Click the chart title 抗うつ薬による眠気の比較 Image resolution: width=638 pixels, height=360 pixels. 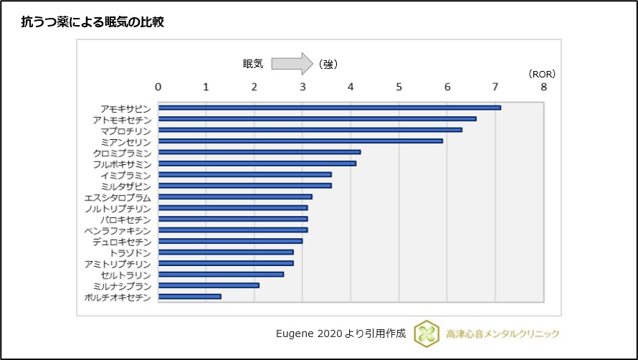[93, 22]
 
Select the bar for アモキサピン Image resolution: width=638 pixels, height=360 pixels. [329, 108]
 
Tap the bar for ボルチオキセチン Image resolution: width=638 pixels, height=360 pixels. [189, 296]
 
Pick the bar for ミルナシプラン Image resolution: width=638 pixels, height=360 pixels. [209, 285]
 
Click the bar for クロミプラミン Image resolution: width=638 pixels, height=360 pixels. [259, 152]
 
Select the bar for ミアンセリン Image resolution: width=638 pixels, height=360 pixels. [300, 141]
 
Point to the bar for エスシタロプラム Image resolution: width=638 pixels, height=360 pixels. [235, 196]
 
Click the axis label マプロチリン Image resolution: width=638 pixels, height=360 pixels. [125, 131]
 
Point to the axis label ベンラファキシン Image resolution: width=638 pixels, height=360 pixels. [118, 230]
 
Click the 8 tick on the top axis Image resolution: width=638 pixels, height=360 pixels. [543, 87]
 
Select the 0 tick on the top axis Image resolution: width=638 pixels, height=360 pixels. [158, 87]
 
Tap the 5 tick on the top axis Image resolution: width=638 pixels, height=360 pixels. [399, 87]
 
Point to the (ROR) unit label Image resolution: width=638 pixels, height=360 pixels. [541, 74]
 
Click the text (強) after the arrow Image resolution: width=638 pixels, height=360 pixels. [328, 64]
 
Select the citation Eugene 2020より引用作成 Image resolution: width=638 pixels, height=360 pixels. [341, 333]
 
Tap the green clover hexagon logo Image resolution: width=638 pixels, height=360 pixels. [427, 333]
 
